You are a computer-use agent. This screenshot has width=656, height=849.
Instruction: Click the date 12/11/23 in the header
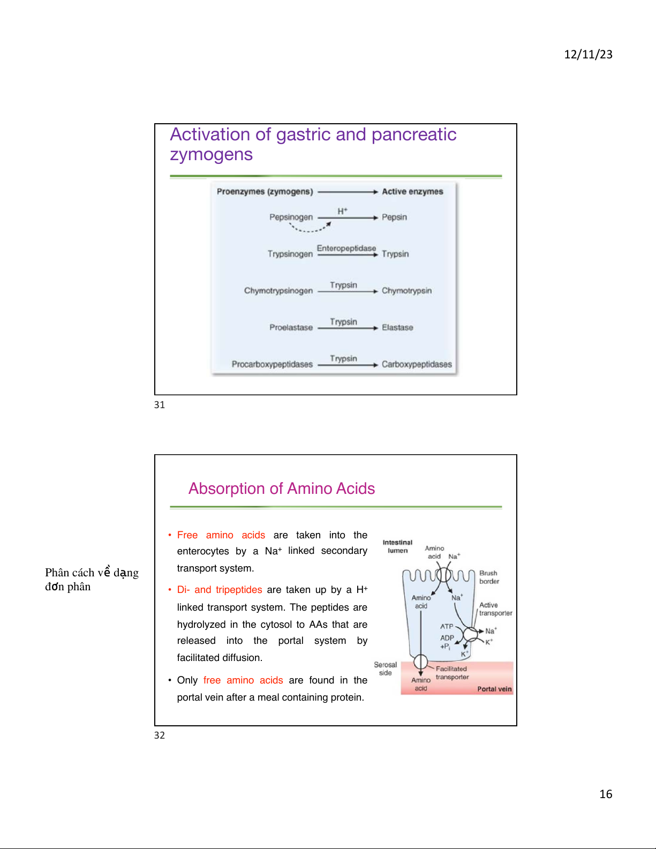tap(588, 54)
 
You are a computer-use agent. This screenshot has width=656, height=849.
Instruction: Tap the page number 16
tap(606, 794)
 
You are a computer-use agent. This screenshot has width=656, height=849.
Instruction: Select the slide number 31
tap(160, 405)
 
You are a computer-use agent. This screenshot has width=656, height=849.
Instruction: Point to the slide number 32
tap(160, 735)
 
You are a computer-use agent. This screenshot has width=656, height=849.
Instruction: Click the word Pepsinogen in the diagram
tap(291, 217)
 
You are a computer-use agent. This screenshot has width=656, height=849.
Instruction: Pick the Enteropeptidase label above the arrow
tap(346, 248)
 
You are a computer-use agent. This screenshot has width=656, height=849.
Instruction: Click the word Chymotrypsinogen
tap(278, 290)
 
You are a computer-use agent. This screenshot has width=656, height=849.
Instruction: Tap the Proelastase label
tap(291, 327)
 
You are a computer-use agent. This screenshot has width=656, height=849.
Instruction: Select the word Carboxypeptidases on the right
tap(417, 364)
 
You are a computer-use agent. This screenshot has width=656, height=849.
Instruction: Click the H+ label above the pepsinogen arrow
tap(342, 211)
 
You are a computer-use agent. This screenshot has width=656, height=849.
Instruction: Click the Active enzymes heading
tap(412, 191)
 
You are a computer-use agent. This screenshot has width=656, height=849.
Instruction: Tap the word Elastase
tap(397, 327)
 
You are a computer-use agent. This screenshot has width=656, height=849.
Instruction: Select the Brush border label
tap(489, 577)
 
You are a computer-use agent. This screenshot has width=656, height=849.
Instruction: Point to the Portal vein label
tap(494, 689)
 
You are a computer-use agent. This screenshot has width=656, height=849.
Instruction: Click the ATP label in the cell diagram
tap(447, 626)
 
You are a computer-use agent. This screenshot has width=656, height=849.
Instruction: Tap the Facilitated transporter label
tap(452, 673)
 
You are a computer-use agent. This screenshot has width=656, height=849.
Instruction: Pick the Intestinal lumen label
tap(397, 546)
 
